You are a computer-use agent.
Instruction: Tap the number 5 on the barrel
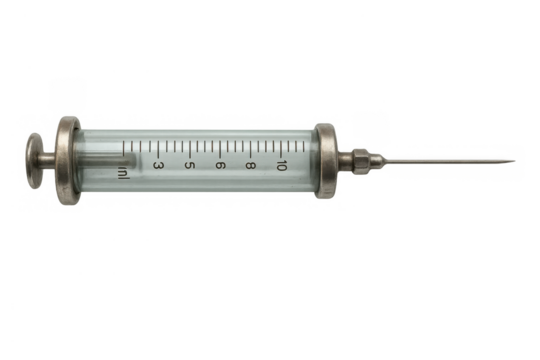(189, 165)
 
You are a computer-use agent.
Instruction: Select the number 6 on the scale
(220, 165)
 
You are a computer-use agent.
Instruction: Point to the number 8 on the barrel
(250, 165)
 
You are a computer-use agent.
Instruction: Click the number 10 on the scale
(283, 165)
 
